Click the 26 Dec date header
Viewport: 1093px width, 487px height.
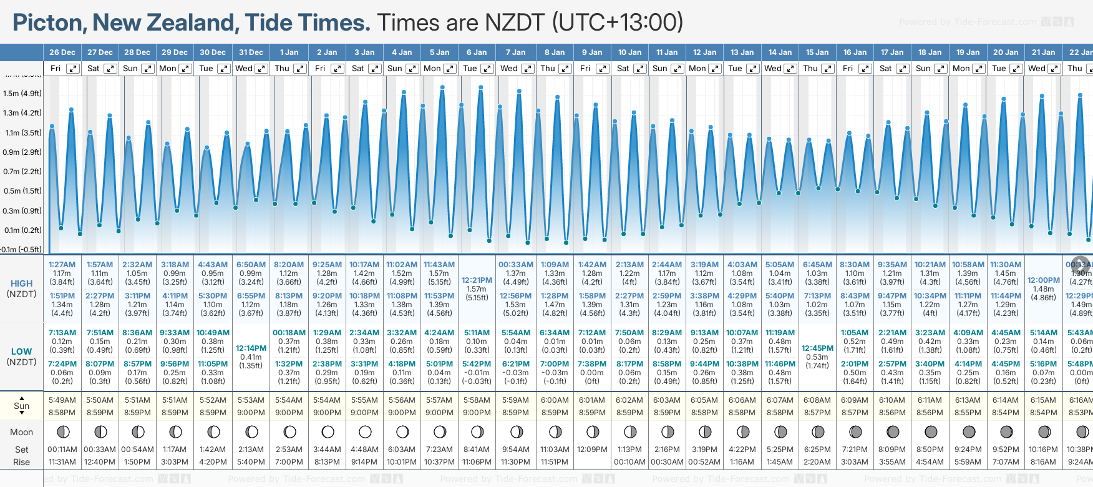tap(62, 52)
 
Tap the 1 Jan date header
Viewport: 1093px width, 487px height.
tap(289, 52)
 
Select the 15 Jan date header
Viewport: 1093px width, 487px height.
tap(817, 52)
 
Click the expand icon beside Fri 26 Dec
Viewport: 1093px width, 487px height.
tap(73, 69)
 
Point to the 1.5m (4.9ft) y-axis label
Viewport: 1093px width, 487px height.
tap(22, 94)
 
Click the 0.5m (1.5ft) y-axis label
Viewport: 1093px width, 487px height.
tap(22, 191)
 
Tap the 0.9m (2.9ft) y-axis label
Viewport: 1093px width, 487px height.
tap(22, 152)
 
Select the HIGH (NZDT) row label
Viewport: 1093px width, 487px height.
tap(22, 288)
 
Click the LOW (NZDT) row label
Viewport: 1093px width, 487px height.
tap(22, 357)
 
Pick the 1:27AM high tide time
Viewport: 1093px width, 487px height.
tap(62, 265)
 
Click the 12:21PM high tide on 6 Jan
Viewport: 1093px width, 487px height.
tap(477, 280)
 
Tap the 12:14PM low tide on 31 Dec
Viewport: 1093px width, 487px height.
tap(251, 348)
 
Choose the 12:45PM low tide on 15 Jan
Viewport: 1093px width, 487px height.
tap(817, 348)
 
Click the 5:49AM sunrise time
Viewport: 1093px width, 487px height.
tap(62, 400)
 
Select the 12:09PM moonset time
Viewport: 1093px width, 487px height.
tap(592, 450)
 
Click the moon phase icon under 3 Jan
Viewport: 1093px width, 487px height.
tap(365, 432)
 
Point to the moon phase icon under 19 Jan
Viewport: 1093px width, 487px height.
tap(969, 432)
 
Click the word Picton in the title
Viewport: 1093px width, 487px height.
tap(49, 23)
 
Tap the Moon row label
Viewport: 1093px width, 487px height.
tap(22, 432)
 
